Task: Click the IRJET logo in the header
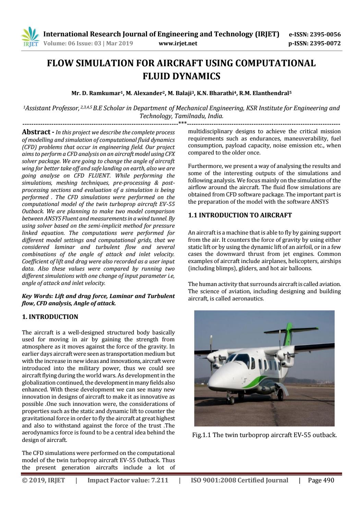(30, 37)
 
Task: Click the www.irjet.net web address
(178, 43)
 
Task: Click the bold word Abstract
(36, 132)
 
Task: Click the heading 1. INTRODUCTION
(50, 317)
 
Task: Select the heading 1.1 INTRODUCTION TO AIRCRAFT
(240, 215)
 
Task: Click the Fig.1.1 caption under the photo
(264, 435)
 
